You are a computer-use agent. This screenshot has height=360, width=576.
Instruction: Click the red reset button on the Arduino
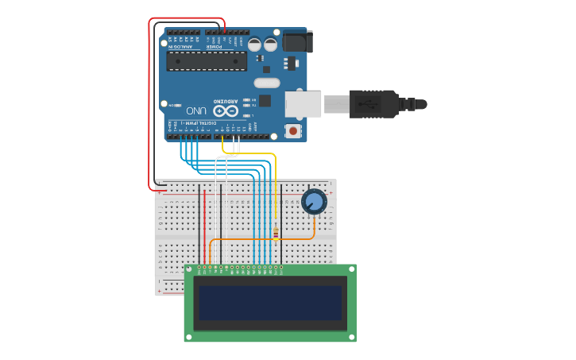293,130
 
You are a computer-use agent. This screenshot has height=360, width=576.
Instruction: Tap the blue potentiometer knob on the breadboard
314,201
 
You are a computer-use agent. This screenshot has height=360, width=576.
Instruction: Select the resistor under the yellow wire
275,233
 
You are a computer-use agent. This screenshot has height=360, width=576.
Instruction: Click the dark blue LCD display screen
270,303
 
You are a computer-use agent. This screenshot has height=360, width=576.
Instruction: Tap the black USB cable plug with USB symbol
373,104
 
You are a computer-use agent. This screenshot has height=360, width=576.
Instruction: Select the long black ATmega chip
206,60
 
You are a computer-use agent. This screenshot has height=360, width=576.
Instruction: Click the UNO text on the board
196,110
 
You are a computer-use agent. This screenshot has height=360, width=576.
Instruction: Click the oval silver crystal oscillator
267,83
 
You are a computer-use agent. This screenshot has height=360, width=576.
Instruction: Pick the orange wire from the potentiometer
262,238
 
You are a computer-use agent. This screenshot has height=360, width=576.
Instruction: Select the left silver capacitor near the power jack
254,45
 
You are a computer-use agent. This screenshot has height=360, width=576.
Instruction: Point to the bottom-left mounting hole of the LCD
190,336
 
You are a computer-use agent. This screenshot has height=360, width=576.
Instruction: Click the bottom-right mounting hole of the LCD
350,336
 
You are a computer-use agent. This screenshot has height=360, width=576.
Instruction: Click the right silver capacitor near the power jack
270,45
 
